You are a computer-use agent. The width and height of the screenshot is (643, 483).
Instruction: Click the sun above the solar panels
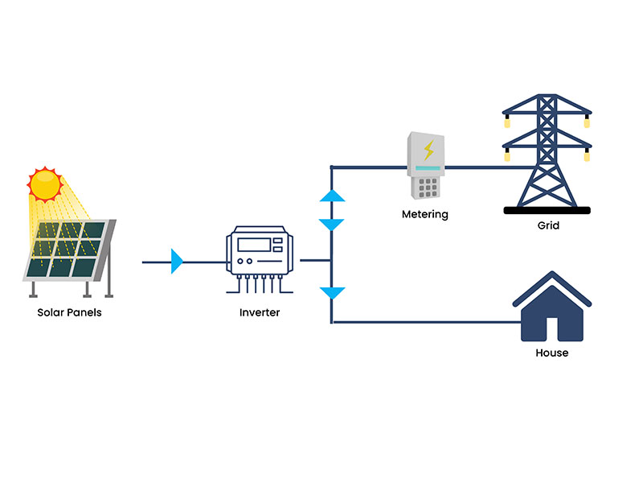point(45,184)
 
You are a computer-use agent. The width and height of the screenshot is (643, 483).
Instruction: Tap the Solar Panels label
point(69,312)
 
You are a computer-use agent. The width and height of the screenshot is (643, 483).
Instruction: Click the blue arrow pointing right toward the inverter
point(178,261)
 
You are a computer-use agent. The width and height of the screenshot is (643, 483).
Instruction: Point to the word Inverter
point(260,312)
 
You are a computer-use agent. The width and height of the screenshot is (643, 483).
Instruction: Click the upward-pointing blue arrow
point(332,195)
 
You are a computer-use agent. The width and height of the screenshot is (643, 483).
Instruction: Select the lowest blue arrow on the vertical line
point(332,294)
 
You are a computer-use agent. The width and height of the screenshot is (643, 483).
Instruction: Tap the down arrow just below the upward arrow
point(332,225)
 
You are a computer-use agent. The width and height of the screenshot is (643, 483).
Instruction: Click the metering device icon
point(425,166)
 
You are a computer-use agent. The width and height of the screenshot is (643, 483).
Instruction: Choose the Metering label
point(425,215)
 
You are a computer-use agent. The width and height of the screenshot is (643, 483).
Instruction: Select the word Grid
point(548,226)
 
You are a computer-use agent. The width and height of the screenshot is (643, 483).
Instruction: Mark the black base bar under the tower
point(547,210)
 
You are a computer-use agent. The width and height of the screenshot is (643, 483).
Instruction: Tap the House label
point(551,353)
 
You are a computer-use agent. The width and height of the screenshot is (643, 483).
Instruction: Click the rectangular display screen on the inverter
point(259,245)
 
